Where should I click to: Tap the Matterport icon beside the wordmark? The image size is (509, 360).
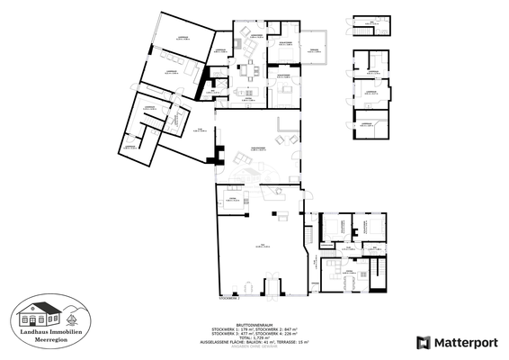click(423, 342)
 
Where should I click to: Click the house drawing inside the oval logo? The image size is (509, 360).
click(50, 315)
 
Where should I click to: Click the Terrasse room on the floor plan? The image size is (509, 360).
click(316, 50)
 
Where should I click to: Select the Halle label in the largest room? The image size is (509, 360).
click(260, 245)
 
